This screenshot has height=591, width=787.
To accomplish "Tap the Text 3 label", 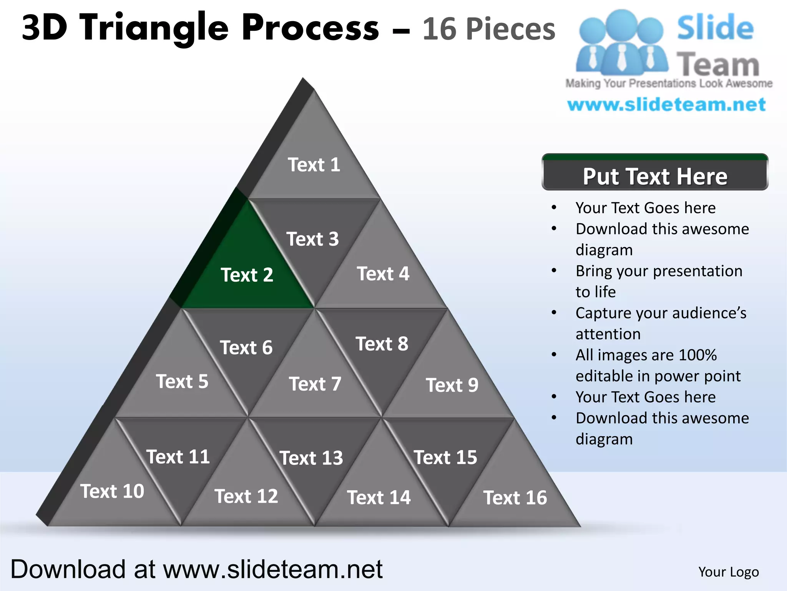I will (312, 239).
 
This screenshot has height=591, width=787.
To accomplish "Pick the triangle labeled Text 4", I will (383, 274).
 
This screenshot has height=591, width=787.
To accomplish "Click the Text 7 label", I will (315, 384).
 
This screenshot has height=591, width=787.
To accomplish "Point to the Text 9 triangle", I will (452, 385).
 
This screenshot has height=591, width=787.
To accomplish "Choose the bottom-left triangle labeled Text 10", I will (112, 491).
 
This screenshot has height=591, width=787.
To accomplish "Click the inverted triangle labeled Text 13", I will (311, 458).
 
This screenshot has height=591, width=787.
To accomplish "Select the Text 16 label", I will (515, 498).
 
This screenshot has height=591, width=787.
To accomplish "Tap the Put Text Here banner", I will (655, 176).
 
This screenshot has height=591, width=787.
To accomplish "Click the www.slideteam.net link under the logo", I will (666, 105).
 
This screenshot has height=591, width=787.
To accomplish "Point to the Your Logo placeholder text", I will (728, 572).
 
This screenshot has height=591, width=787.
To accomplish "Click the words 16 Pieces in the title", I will (488, 29).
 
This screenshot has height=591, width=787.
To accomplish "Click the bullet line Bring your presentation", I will (659, 271).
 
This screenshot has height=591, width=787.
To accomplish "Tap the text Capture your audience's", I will (661, 313).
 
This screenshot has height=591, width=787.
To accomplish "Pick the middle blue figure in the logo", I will (621, 42).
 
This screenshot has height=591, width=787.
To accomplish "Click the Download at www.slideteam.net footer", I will (196, 569).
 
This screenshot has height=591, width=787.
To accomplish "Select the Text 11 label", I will (178, 457).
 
